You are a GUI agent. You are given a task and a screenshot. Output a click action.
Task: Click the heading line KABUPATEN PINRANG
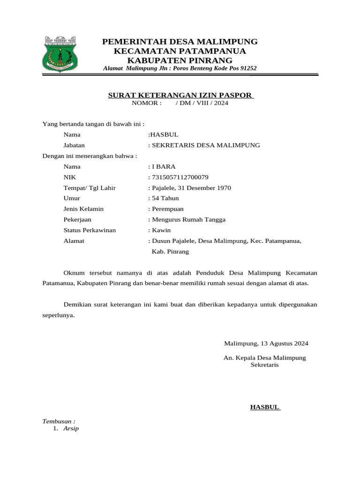click(180, 60)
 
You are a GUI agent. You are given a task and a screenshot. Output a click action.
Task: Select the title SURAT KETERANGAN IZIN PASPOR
click(180, 95)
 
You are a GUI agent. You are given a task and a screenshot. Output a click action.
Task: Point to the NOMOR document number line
click(180, 103)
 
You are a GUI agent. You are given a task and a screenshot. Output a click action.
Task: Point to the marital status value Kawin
click(161, 230)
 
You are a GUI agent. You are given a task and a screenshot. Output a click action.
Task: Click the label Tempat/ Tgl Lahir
click(90, 188)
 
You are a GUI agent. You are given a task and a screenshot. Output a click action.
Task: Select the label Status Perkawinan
click(90, 230)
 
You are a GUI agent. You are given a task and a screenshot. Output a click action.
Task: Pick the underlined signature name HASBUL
click(265, 407)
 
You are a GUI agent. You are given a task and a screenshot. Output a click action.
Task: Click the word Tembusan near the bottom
click(59, 421)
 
